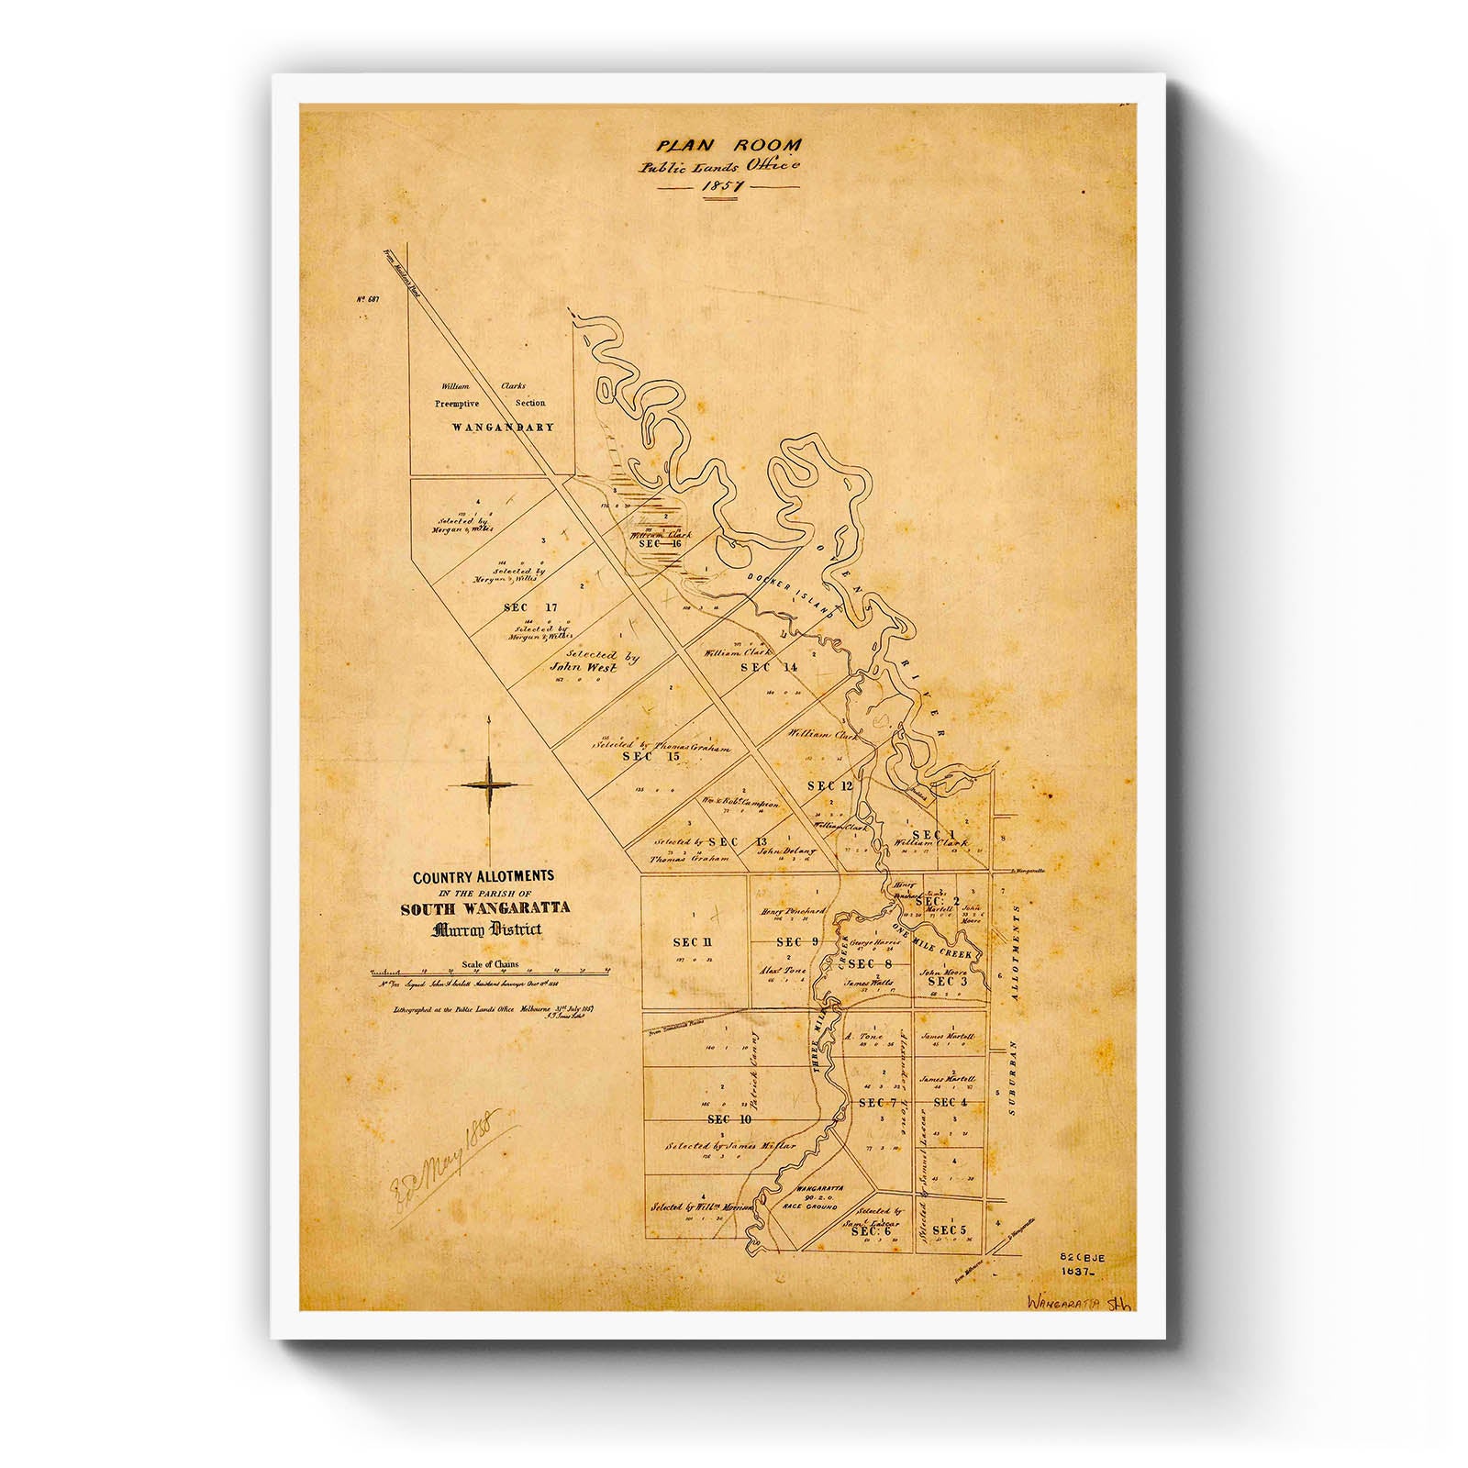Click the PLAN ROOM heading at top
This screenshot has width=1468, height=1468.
(x=728, y=145)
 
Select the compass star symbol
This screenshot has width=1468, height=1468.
(x=490, y=784)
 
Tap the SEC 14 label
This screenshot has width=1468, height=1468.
(x=769, y=668)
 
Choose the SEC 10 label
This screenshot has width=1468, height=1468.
(x=729, y=1119)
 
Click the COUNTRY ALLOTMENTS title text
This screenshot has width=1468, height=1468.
(x=483, y=877)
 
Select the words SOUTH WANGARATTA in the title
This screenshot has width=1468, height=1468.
(x=484, y=908)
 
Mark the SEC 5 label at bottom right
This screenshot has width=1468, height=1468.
(x=949, y=1229)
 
